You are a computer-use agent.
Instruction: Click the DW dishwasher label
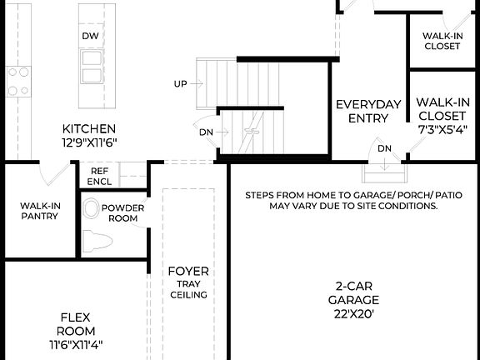tap(90, 37)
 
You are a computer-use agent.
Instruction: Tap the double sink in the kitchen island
tap(90, 67)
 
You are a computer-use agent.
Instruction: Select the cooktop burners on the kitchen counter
tap(17, 81)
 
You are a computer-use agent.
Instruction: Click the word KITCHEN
tap(89, 129)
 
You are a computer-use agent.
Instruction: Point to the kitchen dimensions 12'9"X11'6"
tap(89, 142)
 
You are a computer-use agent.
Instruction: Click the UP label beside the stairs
tap(180, 83)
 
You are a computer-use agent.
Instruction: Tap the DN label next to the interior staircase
tap(206, 132)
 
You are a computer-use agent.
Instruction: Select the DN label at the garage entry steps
tap(384, 149)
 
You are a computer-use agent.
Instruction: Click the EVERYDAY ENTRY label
tap(362, 111)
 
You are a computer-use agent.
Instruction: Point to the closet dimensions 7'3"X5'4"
tap(442, 129)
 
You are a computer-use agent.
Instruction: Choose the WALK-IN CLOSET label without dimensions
tap(442, 41)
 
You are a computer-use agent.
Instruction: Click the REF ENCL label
tap(100, 176)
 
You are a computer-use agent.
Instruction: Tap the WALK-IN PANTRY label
tap(39, 211)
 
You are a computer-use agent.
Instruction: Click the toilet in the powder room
tap(98, 242)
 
